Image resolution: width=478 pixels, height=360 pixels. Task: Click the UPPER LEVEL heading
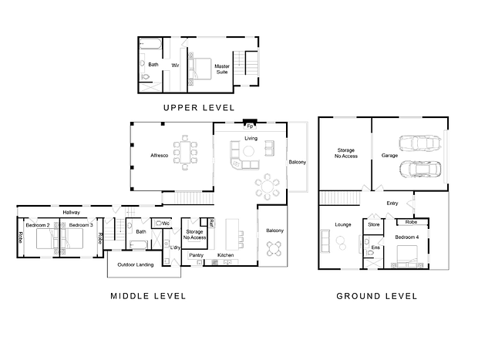199,108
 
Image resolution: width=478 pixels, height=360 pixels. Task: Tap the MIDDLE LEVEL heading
148,296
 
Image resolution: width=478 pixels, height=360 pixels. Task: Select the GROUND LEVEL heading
377,296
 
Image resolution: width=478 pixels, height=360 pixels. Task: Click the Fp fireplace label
250,126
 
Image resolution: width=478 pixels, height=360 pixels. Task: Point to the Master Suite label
222,69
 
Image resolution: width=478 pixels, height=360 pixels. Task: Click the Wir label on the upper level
175,66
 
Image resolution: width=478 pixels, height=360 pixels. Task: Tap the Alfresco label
159,156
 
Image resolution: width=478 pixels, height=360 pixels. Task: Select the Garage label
389,156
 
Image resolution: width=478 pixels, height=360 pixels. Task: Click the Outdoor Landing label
136,264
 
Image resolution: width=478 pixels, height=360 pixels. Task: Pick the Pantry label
196,255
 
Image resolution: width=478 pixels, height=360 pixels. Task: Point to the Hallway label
72,212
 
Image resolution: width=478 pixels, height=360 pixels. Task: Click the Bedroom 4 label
407,237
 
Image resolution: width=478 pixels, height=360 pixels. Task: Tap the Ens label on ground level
375,247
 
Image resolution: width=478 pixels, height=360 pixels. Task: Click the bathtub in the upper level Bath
150,44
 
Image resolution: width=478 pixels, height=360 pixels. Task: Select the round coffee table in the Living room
248,151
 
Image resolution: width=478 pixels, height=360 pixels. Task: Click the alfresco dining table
185,152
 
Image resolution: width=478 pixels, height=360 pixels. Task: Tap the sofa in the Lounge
325,241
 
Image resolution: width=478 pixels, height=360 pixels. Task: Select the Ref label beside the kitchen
211,223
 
